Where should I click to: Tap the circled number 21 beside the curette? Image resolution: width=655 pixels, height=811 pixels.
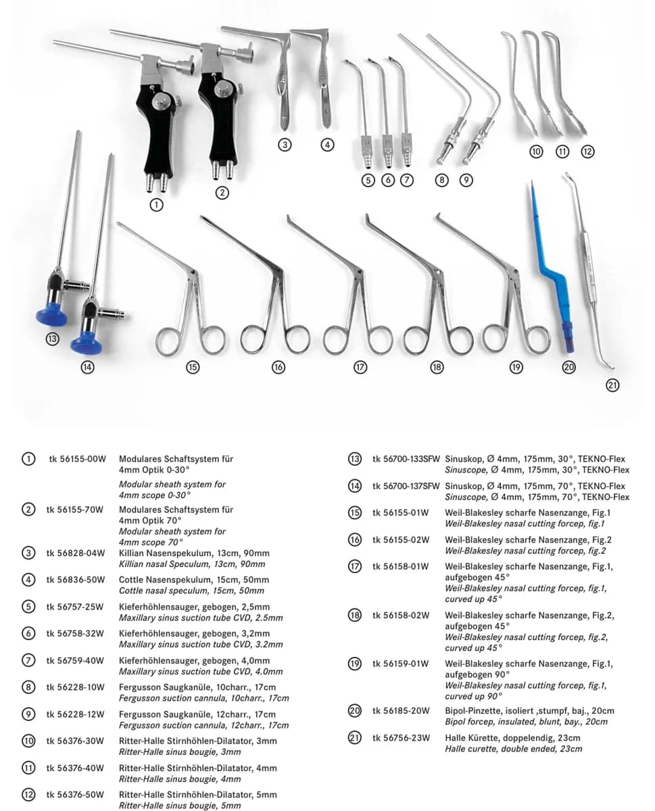[x=612, y=385]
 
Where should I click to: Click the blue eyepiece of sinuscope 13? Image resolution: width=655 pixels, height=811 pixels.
[x=52, y=314]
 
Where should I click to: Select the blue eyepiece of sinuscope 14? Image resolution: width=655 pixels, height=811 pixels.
[x=86, y=343]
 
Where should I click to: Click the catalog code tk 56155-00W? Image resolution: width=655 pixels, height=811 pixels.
[x=77, y=459]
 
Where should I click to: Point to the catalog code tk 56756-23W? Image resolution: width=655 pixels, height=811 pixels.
[x=401, y=738]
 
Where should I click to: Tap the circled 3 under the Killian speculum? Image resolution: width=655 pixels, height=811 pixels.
[x=285, y=145]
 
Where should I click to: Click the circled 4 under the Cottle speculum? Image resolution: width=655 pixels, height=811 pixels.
[x=327, y=145]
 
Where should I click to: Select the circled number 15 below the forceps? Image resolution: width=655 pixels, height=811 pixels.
[x=193, y=367]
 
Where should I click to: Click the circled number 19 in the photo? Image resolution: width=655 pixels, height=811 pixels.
[x=516, y=367]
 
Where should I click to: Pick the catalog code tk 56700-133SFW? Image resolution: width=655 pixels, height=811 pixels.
[x=406, y=459]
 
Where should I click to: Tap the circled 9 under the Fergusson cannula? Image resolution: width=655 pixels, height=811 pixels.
[x=466, y=180]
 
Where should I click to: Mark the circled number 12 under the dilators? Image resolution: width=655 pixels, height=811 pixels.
[x=587, y=151]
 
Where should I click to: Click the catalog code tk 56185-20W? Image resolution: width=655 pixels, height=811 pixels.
[x=401, y=710]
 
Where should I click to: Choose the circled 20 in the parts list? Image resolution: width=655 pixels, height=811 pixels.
[x=354, y=710]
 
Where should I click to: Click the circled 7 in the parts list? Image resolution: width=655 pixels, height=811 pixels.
[x=28, y=660]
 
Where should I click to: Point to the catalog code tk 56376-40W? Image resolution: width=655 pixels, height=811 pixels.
[x=75, y=768]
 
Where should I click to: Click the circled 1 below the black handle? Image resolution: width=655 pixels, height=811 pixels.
[x=156, y=205]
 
